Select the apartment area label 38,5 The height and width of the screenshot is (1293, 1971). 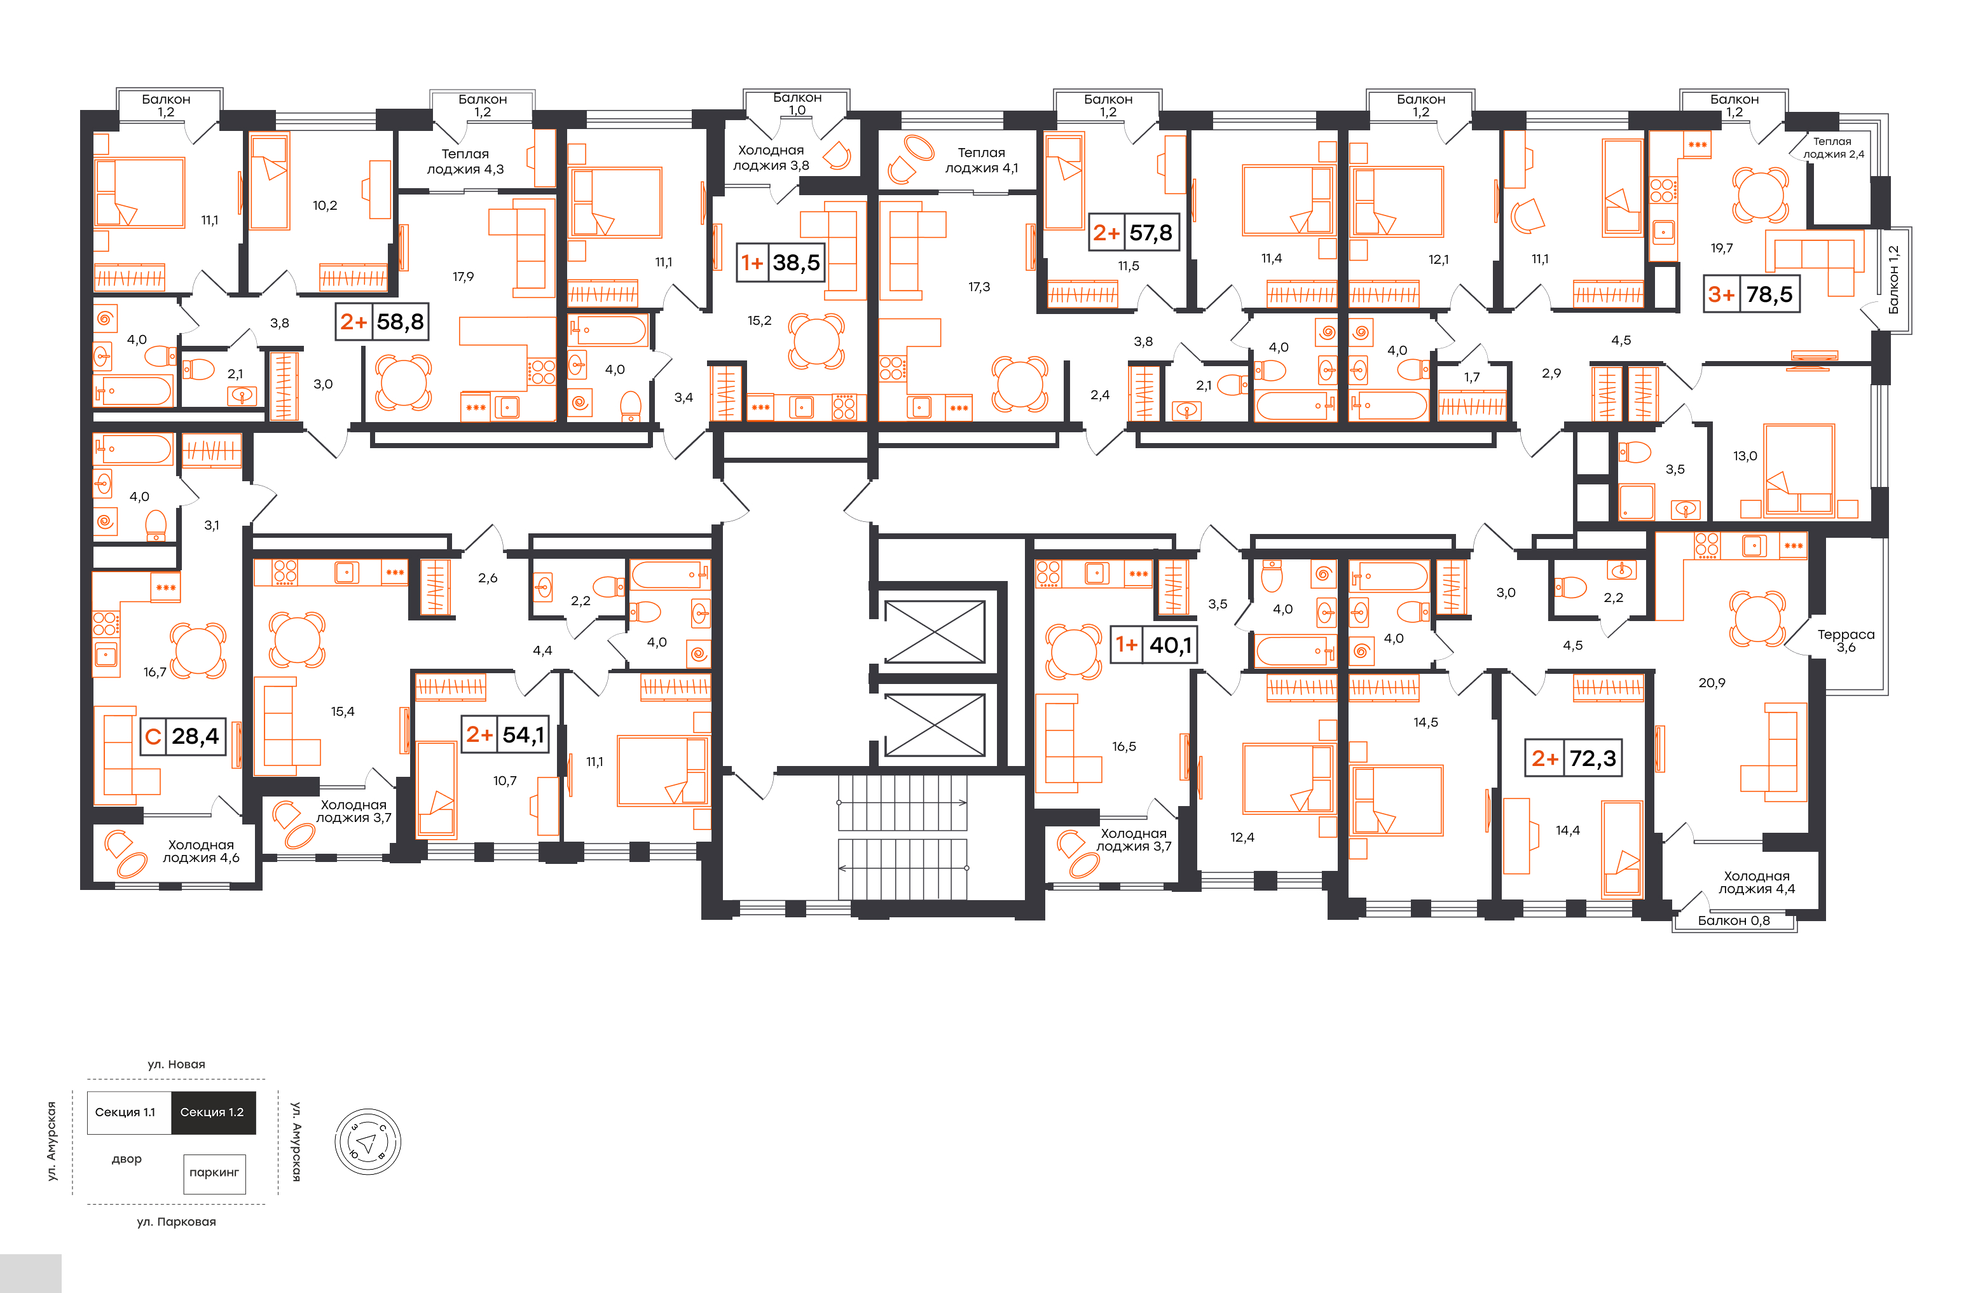[x=796, y=263]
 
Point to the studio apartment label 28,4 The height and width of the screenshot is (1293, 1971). [x=195, y=736]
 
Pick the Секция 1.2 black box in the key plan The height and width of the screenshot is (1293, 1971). [x=213, y=1112]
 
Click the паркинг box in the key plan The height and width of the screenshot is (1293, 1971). [x=214, y=1173]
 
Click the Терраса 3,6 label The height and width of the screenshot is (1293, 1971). [x=1846, y=641]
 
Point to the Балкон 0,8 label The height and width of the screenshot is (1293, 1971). [x=1733, y=920]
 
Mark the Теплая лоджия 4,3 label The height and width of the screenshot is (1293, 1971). [x=465, y=161]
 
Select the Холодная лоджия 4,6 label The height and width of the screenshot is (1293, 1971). [x=202, y=851]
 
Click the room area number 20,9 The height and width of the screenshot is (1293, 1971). [x=1712, y=683]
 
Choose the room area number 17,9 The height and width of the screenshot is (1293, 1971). [x=463, y=277]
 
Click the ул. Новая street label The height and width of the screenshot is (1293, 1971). [x=176, y=1065]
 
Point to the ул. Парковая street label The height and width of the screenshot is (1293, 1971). [x=176, y=1222]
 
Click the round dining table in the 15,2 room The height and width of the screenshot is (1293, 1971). [x=816, y=340]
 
